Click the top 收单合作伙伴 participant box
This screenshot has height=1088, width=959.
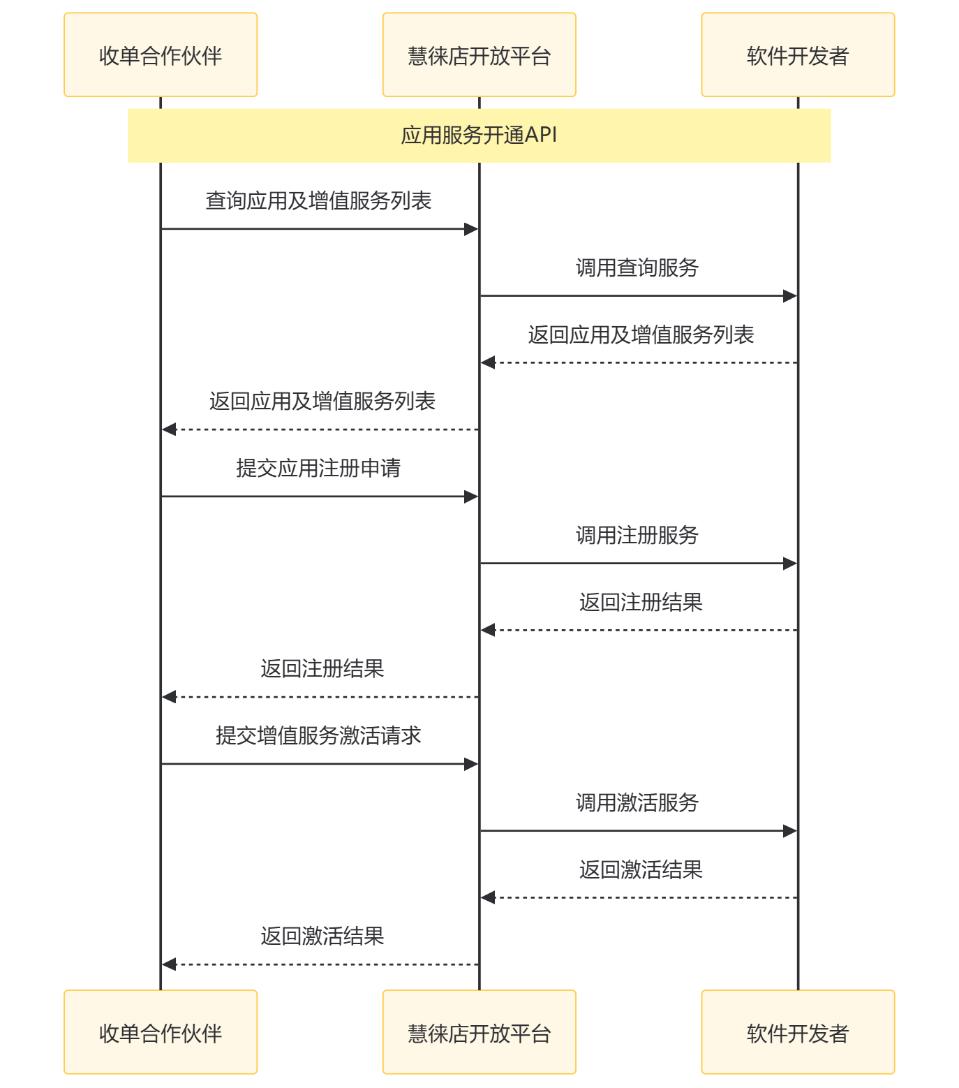coord(161,55)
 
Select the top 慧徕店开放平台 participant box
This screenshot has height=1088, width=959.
coord(479,55)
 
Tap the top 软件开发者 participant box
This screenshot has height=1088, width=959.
coord(798,55)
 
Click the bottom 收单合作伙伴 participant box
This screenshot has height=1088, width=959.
coord(161,1032)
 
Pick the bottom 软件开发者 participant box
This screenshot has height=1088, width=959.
coord(798,1032)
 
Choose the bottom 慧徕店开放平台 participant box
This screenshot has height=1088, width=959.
coord(479,1032)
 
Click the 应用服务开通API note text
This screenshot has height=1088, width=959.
coord(479,135)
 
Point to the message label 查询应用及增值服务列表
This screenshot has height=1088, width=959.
coord(318,201)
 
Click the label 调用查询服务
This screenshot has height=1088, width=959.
coord(637,267)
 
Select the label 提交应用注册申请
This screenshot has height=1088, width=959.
coord(318,468)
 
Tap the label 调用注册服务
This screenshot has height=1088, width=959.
coord(637,535)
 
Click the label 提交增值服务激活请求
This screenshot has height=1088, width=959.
coord(318,735)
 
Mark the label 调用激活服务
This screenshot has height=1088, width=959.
coord(637,802)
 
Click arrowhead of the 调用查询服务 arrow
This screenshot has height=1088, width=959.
coord(790,296)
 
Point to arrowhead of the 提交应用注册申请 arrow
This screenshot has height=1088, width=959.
coord(471,497)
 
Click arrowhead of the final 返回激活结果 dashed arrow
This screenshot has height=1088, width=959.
coord(169,964)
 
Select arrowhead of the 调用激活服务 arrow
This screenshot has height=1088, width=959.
coord(790,831)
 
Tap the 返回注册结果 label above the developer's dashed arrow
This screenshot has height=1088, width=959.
coord(641,602)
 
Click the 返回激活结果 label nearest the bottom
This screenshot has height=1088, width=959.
coord(322,936)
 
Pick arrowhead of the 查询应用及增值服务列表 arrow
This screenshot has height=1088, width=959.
coord(471,229)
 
